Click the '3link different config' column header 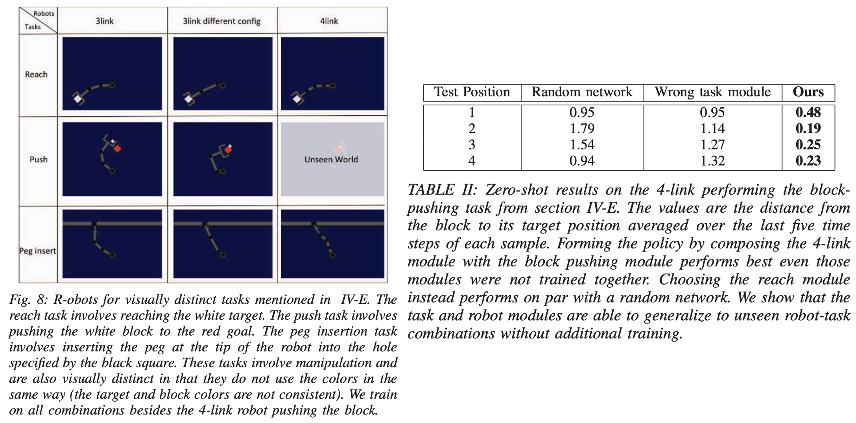pos(221,21)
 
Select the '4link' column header pos(329,21)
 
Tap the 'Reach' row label pos(36,74)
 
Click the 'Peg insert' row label pos(38,251)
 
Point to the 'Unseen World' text pos(331,160)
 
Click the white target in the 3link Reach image pos(78,99)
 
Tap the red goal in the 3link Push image pos(117,149)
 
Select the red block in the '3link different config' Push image pos(228,150)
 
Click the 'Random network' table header pos(582,92)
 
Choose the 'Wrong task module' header pos(712,92)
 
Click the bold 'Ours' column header pos(808,92)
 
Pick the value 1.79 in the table pos(582,129)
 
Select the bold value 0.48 pos(808,112)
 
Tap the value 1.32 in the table pos(712,161)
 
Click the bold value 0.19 pos(808,129)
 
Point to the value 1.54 pos(582,145)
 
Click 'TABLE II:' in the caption pos(442,190)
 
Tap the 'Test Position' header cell pos(472,92)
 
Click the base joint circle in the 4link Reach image pos(333,85)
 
